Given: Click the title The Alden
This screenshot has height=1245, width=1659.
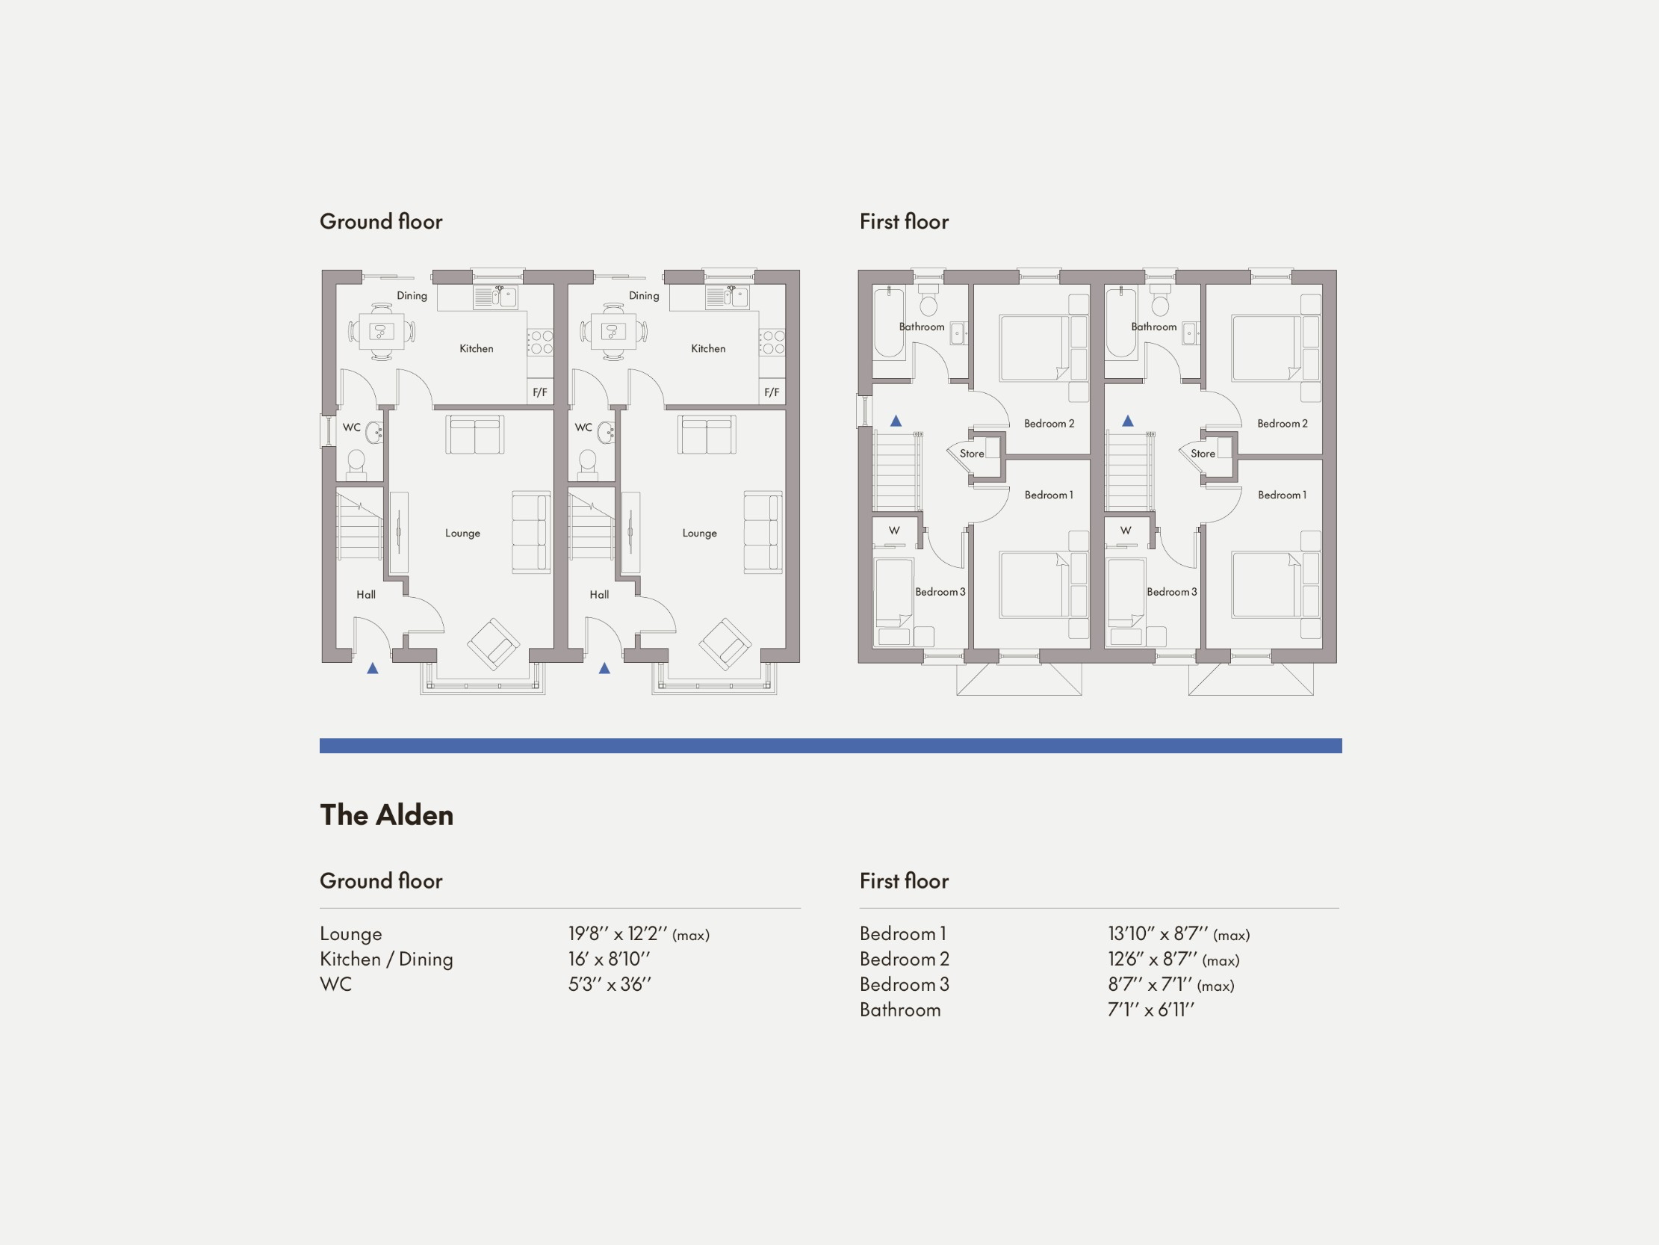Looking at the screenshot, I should (386, 815).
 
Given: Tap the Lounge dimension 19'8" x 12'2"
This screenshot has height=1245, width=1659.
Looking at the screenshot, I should (637, 933).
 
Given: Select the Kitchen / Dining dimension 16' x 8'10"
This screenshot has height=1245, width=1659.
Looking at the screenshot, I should (609, 959).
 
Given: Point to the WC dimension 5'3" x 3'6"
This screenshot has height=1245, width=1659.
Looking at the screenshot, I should (610, 984).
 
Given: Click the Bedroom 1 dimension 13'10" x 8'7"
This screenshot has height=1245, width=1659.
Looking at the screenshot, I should (1177, 933).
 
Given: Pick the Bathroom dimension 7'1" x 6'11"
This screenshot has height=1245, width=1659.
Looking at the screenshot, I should (1150, 1010).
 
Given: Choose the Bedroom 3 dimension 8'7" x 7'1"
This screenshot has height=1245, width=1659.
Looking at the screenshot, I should (1170, 984).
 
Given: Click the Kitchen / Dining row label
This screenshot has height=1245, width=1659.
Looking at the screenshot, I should (386, 959).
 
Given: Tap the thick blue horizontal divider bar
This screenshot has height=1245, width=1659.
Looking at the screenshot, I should (831, 745).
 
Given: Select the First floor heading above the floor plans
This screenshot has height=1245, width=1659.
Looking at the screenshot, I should (904, 221).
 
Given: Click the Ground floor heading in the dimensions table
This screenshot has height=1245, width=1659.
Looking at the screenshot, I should (381, 880).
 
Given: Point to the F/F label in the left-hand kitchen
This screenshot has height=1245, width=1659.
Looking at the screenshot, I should (539, 392).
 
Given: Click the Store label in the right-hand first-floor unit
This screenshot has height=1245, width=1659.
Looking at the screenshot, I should (1203, 454).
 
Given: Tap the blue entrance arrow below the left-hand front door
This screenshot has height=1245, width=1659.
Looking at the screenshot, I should (373, 668).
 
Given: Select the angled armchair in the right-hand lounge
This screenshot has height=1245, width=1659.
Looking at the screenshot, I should (725, 643).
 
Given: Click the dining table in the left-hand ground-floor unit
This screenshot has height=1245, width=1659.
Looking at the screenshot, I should (382, 331).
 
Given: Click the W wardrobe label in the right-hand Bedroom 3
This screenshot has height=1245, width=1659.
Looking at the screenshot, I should (1125, 531).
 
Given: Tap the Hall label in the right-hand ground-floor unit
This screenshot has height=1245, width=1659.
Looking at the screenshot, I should (598, 594).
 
